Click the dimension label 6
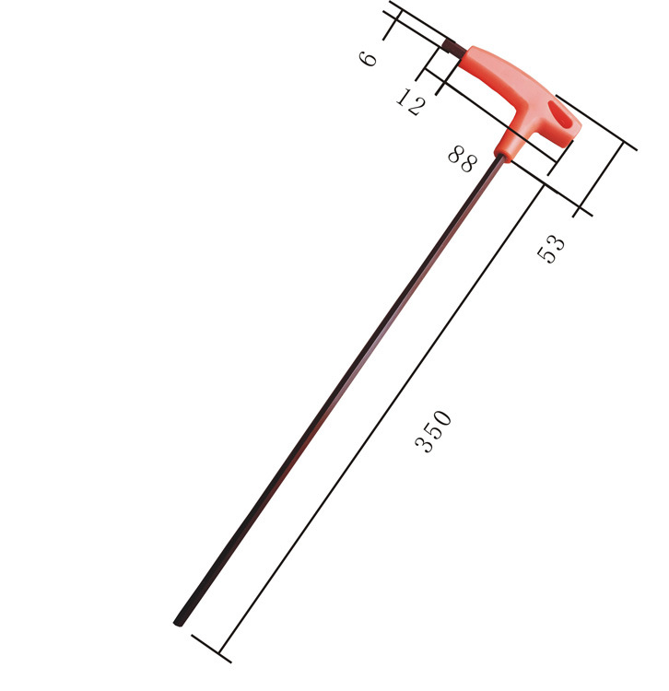tap(368, 58)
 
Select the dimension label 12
tap(410, 101)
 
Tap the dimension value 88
tap(463, 159)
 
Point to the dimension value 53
tap(551, 249)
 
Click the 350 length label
tap(434, 431)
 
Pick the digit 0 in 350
tap(442, 418)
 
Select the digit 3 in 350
tap(425, 445)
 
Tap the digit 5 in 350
tap(434, 431)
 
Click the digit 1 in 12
tap(404, 96)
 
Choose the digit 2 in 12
tap(417, 107)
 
